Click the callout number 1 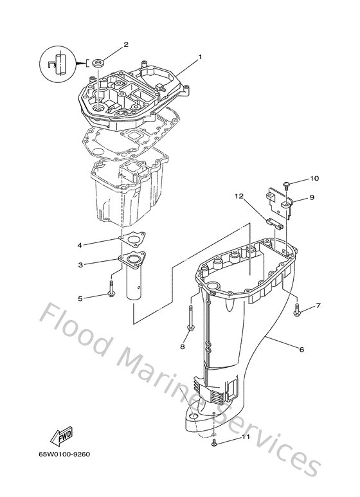200,57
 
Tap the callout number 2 126,44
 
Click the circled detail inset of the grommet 57,64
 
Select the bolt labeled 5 113,289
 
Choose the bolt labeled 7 297,311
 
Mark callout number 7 318,306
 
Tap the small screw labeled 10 286,185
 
